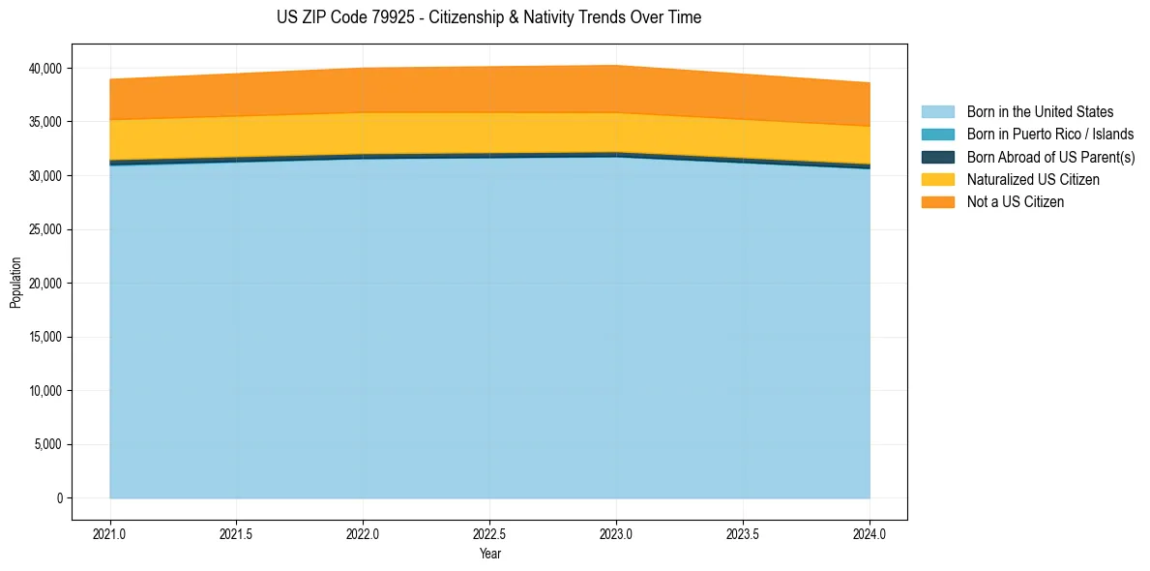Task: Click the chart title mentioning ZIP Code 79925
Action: pyautogui.click(x=488, y=17)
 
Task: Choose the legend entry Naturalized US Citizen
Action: pyautogui.click(x=1033, y=180)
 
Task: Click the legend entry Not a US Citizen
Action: pyautogui.click(x=1015, y=202)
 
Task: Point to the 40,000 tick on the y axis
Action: pyautogui.click(x=44, y=69)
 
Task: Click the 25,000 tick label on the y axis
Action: pyautogui.click(x=44, y=229)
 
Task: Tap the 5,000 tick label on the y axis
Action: pyautogui.click(x=47, y=445)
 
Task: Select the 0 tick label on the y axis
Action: pyautogui.click(x=59, y=498)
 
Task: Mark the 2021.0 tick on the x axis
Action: pyautogui.click(x=110, y=532)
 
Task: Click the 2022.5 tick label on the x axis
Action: pyautogui.click(x=489, y=532)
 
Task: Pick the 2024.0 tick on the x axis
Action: pyautogui.click(x=870, y=532)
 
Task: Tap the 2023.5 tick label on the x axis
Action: pyautogui.click(x=743, y=532)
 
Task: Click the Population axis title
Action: pyautogui.click(x=15, y=283)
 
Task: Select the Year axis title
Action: pyautogui.click(x=489, y=555)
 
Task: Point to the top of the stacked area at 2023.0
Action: pyautogui.click(x=616, y=66)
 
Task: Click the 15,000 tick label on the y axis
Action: pyautogui.click(x=44, y=338)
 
